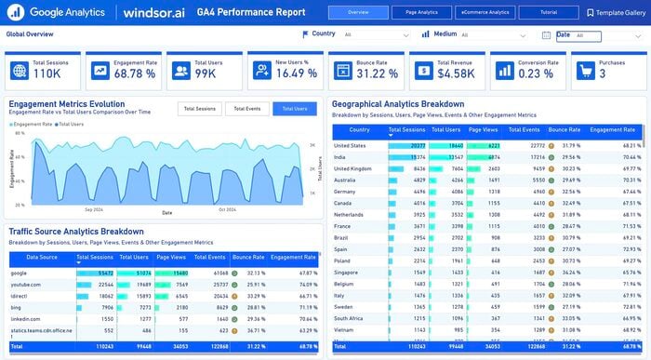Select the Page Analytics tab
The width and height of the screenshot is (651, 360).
click(421, 12)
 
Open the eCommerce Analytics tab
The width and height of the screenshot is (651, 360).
click(485, 12)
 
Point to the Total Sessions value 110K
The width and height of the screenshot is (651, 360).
click(47, 73)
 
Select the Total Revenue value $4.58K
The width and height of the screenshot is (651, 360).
click(456, 73)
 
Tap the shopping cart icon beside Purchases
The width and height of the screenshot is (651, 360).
click(584, 70)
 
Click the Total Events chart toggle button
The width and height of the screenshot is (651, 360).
click(246, 109)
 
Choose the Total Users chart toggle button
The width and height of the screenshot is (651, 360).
click(295, 109)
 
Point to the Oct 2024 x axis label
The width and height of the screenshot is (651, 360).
click(227, 209)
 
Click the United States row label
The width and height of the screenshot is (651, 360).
click(351, 146)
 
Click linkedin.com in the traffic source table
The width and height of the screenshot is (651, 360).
click(26, 318)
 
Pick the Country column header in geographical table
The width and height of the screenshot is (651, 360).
click(358, 131)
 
